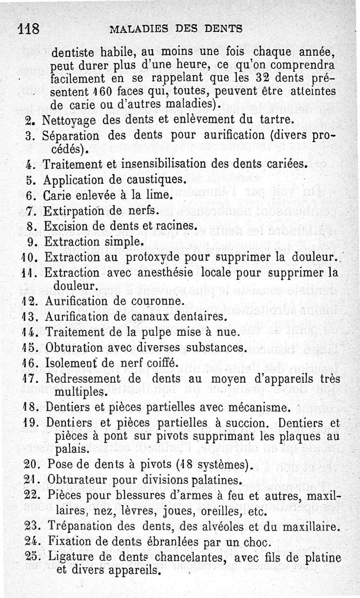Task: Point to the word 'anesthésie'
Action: point(171,273)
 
